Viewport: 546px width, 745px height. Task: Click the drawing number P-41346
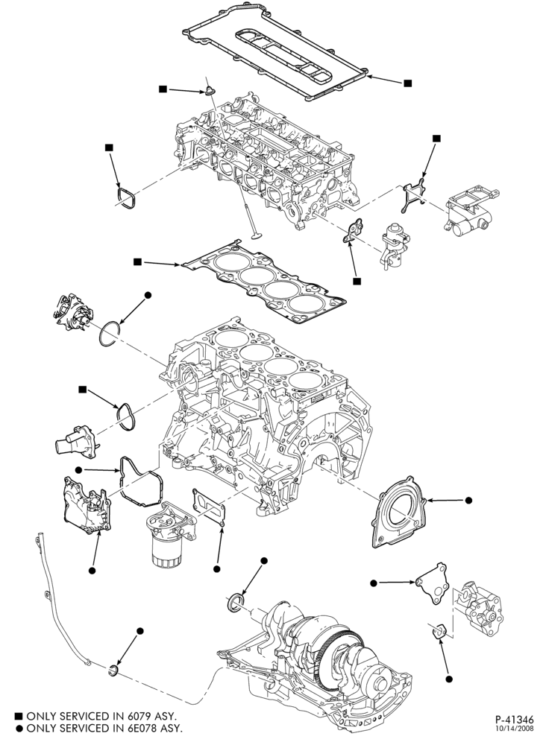point(514,720)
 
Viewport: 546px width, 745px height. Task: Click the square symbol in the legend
point(19,716)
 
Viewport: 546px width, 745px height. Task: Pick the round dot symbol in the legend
point(19,728)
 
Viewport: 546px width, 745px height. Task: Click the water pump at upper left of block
point(74,313)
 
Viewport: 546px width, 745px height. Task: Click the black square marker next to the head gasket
point(137,261)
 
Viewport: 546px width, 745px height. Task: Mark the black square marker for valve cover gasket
point(407,83)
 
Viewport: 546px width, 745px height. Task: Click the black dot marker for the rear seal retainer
point(468,500)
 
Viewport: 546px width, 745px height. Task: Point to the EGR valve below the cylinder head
point(394,244)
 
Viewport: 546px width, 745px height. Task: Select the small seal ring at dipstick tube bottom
point(113,670)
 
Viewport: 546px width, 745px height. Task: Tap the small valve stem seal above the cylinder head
point(209,90)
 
